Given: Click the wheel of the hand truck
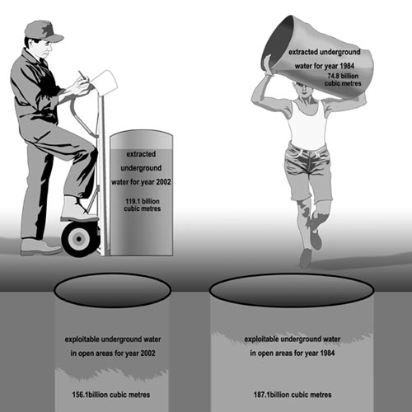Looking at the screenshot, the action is point(79,239).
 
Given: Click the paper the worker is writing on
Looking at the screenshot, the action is point(104,82).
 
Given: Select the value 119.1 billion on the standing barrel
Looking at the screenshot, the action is point(143,201).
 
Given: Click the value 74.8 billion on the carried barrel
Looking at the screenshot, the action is point(343,76).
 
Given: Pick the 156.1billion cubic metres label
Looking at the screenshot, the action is point(111,395).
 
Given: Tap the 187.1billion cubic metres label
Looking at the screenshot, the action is point(293,395).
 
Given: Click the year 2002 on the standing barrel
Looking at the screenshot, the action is point(163,182).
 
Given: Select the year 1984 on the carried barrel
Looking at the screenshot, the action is point(347,66).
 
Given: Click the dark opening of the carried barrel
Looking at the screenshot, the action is point(278,44).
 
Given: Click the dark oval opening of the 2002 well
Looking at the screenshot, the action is point(113,290).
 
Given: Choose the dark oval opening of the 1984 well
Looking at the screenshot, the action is point(292,290).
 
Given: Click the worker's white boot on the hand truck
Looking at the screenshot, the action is point(78,209).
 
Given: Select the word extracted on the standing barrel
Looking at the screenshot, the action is point(141,154).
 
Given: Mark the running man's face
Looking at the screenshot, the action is point(303,90).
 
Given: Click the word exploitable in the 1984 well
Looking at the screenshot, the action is point(262,339).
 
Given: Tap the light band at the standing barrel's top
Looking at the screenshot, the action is point(141,142).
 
